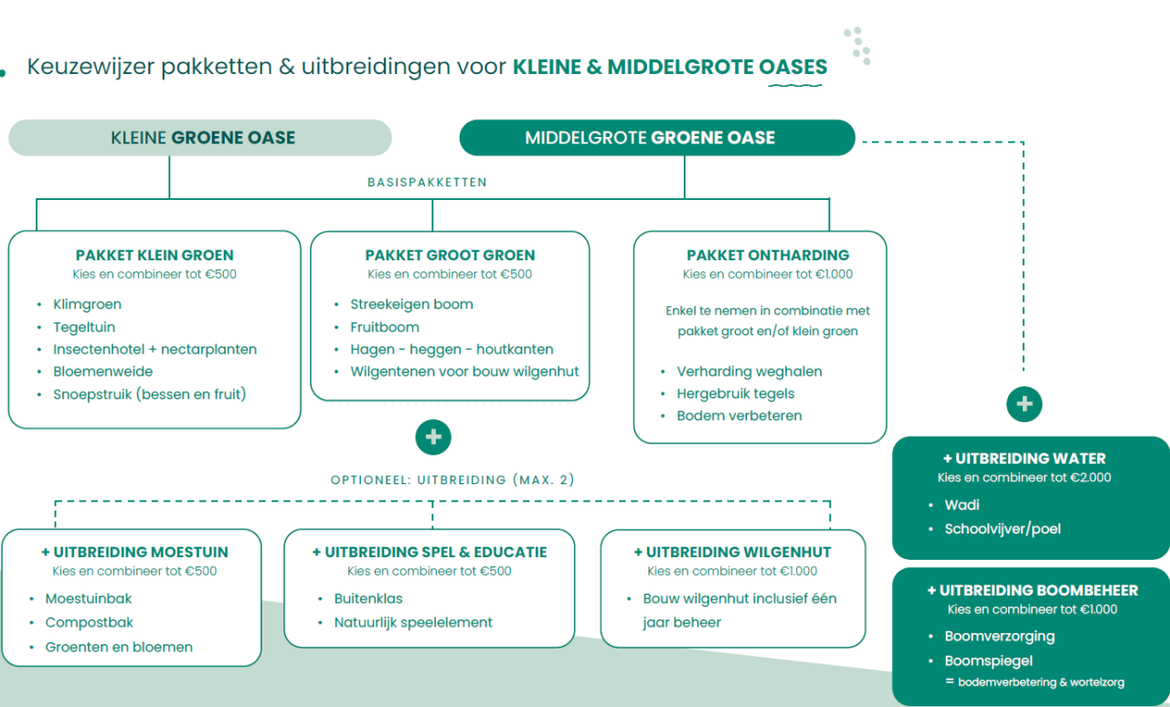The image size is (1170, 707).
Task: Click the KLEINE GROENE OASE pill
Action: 200,138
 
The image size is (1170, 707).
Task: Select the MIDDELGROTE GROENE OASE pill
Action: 656,138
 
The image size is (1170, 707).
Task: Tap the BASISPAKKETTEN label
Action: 427,182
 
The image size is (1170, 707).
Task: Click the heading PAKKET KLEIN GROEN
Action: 154,256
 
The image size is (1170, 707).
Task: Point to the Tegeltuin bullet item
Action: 84,327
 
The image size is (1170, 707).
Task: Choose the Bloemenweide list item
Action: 103,372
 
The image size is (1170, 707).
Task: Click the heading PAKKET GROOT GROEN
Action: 450,256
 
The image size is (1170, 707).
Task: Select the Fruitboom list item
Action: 385,327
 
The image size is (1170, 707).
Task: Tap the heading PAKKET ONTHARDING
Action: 768,256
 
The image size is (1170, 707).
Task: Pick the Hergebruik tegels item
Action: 736,394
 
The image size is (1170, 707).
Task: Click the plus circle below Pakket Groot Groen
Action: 433,438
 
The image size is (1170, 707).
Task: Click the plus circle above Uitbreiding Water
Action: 1024,404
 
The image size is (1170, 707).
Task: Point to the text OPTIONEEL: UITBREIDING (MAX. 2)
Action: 452,480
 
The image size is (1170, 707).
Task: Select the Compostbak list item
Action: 90,623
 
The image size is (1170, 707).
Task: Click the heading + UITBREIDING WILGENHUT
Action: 732,553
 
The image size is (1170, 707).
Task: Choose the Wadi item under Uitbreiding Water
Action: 962,505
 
